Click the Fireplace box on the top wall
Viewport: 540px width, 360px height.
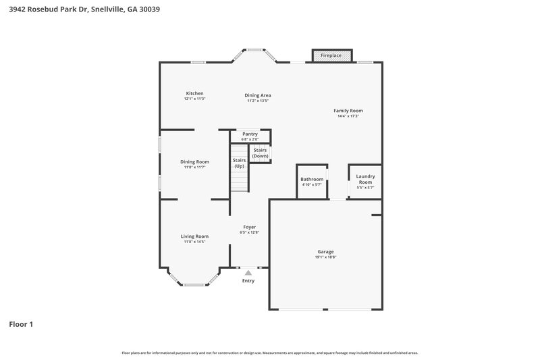coord(331,55)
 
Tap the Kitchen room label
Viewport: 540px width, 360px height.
coord(194,93)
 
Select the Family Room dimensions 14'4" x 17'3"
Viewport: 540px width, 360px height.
coord(348,116)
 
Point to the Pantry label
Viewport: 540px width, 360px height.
coord(250,134)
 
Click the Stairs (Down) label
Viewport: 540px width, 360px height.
coord(260,153)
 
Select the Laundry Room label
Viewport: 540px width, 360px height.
coord(365,179)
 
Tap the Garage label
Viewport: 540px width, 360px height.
coord(325,251)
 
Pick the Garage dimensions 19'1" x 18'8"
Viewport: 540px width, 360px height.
coord(325,257)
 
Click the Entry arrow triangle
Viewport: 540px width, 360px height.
coord(248,272)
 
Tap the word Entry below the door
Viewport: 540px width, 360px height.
coord(248,281)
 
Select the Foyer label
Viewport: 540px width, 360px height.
coord(249,227)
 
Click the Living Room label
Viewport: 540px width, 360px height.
coord(194,236)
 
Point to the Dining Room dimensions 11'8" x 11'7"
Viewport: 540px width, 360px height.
coord(194,167)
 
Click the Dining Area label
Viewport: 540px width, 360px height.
coord(257,95)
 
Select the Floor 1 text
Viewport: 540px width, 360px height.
coord(21,324)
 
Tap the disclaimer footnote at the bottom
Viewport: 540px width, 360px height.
coord(269,353)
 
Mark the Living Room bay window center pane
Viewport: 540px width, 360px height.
coord(194,284)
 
